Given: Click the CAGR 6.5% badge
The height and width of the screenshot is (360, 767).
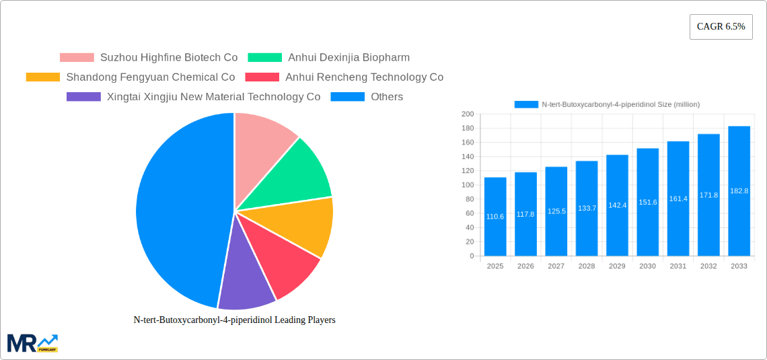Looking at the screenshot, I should pyautogui.click(x=721, y=27).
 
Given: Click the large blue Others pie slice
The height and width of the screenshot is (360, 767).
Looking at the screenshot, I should pyautogui.click(x=178, y=209).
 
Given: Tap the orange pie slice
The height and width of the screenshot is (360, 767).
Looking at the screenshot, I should pyautogui.click(x=303, y=225).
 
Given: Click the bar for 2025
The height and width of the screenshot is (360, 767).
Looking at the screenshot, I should pyautogui.click(x=495, y=217).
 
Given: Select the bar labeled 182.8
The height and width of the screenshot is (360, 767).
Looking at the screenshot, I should pyautogui.click(x=739, y=191).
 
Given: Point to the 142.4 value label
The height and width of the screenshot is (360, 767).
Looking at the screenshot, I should pyautogui.click(x=617, y=205).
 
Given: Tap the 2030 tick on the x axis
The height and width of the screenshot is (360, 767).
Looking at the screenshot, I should pyautogui.click(x=647, y=266).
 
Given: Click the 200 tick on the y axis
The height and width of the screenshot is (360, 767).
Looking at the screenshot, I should pyautogui.click(x=468, y=114).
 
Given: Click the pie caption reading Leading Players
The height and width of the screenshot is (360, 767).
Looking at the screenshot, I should pyautogui.click(x=234, y=320).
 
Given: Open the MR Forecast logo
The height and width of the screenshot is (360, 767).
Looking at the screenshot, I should pyautogui.click(x=32, y=343).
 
